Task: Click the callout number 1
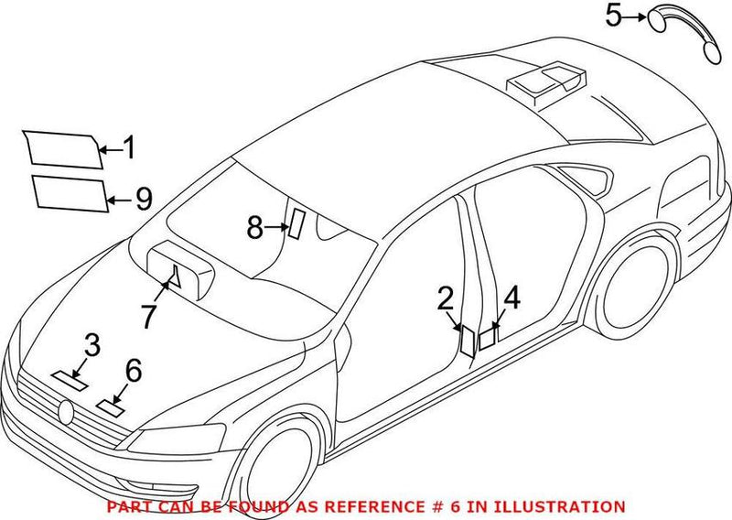(130, 146)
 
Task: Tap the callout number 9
(143, 199)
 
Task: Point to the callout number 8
(255, 225)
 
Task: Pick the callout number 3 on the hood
(91, 345)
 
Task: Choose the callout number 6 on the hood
(133, 370)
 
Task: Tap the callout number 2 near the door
(446, 298)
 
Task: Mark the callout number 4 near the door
(511, 298)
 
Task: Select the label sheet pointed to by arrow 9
(70, 194)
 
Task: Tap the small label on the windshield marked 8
(296, 222)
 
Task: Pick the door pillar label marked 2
(467, 341)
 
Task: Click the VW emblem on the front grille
(65, 412)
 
